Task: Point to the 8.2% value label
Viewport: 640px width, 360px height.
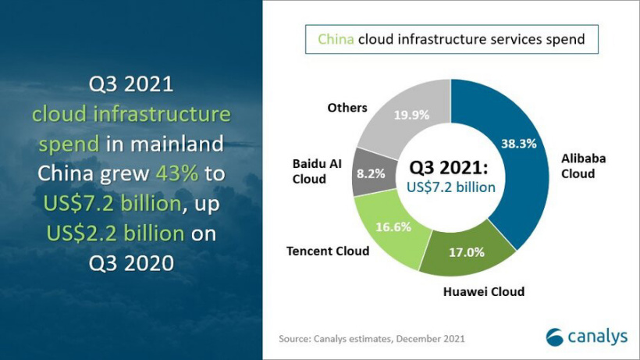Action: click(x=371, y=173)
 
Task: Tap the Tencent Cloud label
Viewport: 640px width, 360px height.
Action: click(x=328, y=251)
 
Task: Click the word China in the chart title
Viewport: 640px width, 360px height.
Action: click(x=336, y=38)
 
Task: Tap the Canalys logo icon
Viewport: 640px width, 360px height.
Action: click(x=555, y=337)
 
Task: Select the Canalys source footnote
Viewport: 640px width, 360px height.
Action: click(x=372, y=338)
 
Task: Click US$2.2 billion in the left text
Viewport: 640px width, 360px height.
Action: click(x=116, y=233)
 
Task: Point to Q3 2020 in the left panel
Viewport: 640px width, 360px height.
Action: click(x=130, y=262)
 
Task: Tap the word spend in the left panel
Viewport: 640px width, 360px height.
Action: click(x=68, y=144)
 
